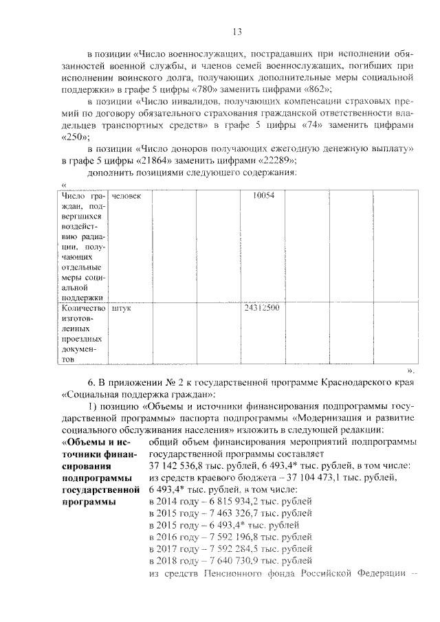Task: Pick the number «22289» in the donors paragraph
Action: click(278, 161)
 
